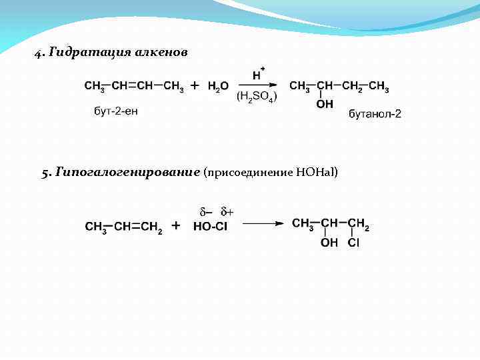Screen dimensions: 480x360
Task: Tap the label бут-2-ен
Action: [115, 110]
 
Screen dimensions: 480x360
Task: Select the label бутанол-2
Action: [375, 114]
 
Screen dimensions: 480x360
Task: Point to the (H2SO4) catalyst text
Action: [257, 97]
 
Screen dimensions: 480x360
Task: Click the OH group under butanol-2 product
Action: [325, 105]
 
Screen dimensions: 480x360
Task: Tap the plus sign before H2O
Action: [195, 85]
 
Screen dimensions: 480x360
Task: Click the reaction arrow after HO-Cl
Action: [263, 225]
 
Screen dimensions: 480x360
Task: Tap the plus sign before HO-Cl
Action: [176, 225]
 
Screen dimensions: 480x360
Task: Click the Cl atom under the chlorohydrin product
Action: [353, 243]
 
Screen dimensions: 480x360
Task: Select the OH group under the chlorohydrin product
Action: [329, 243]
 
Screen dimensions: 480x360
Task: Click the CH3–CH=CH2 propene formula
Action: [123, 227]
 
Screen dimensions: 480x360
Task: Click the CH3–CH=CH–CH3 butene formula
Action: [133, 86]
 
